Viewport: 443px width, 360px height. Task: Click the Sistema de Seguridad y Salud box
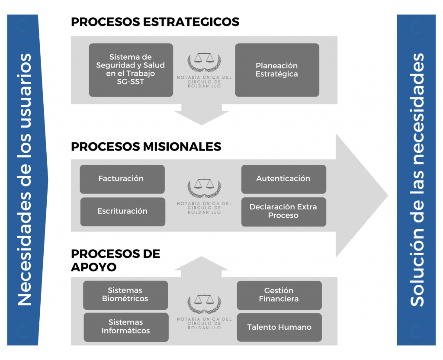(x=131, y=70)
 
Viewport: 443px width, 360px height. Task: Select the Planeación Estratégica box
(x=277, y=70)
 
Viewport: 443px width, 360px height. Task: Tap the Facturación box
(x=122, y=179)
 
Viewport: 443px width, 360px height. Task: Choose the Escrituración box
(x=122, y=212)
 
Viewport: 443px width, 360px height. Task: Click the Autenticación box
(x=284, y=179)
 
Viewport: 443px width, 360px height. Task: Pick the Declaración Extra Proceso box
(x=284, y=212)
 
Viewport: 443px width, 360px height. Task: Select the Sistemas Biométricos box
(x=125, y=295)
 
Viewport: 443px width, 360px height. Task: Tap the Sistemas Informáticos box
(x=126, y=327)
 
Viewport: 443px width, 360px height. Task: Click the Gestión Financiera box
(x=279, y=295)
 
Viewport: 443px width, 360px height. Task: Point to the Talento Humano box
(x=279, y=327)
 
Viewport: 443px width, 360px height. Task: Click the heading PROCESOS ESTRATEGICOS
(x=155, y=22)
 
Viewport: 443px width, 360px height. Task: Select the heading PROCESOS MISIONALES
(x=146, y=147)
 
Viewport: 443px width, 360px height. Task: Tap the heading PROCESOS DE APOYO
(x=116, y=260)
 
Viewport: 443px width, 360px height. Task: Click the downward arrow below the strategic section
(x=202, y=114)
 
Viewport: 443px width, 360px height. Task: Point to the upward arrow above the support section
(x=202, y=267)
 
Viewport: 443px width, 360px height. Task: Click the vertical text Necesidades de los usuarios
(x=24, y=180)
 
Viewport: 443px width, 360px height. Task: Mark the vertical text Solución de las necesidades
(x=417, y=180)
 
